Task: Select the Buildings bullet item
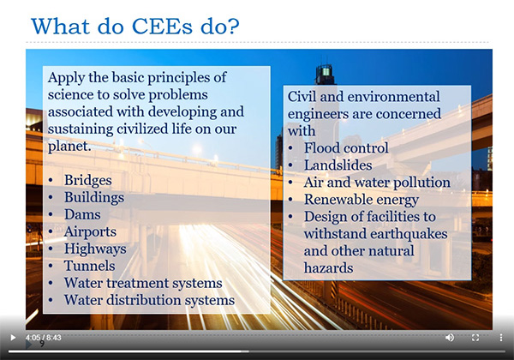[x=94, y=197]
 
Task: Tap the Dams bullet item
[x=82, y=214]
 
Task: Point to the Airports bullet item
[x=91, y=231]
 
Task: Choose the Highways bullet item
[x=95, y=249]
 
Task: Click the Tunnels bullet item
[x=89, y=266]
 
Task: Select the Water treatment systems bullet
[x=143, y=283]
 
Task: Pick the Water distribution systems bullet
[x=149, y=300]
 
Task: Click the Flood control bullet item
[x=346, y=148]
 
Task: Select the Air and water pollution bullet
[x=377, y=183]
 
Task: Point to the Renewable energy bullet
[x=361, y=200]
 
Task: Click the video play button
[x=13, y=338]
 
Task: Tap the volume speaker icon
[x=450, y=338]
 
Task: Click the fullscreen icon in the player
[x=475, y=338]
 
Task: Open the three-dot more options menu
[x=500, y=338]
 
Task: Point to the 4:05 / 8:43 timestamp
[x=45, y=338]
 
